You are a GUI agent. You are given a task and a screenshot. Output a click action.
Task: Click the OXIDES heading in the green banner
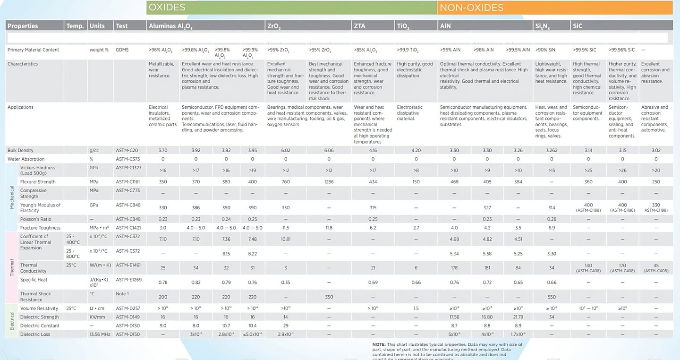pos(167,8)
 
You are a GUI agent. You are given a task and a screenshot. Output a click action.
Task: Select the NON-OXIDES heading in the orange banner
pos(471,8)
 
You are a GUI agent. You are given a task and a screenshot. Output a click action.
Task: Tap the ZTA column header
pos(359,26)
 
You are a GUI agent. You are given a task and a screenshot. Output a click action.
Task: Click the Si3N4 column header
pos(542,26)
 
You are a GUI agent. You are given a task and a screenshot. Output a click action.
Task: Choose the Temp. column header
pos(75,26)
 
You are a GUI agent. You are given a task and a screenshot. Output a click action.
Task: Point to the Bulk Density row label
pos(20,150)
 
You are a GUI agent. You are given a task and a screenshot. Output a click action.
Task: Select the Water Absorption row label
pos(26,159)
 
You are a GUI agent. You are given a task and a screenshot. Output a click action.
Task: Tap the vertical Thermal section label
pos(12,267)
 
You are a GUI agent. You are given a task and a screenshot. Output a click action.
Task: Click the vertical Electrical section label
pos(12,321)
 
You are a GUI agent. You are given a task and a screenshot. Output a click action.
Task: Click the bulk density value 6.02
pos(286,150)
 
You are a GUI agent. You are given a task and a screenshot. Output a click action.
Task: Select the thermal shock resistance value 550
pos(552,297)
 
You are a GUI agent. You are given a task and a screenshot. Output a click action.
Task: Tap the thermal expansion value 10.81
pos(286,239)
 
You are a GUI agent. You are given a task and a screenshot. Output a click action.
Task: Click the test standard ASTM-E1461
pos(128,266)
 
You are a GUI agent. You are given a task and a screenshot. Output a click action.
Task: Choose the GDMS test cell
pos(122,50)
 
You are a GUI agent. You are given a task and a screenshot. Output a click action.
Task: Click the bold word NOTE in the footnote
pos(379,344)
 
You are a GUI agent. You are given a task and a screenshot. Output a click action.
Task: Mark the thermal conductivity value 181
pos(487,268)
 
